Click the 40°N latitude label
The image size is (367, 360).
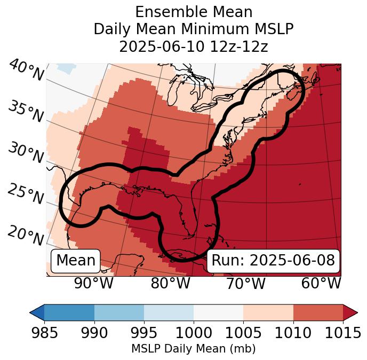click(26, 71)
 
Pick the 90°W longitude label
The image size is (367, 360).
click(93, 283)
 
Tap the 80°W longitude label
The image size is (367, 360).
click(170, 283)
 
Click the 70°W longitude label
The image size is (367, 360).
click(245, 283)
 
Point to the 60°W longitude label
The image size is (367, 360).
click(321, 283)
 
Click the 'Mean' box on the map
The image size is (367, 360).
click(76, 261)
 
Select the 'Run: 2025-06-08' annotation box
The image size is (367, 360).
click(273, 261)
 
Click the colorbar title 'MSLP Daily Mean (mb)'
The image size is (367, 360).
click(193, 349)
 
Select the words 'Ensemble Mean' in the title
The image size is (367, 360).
click(193, 12)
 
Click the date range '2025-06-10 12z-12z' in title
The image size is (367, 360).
click(193, 46)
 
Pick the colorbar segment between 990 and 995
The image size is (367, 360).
click(119, 312)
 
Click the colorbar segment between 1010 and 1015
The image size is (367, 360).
click(318, 312)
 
